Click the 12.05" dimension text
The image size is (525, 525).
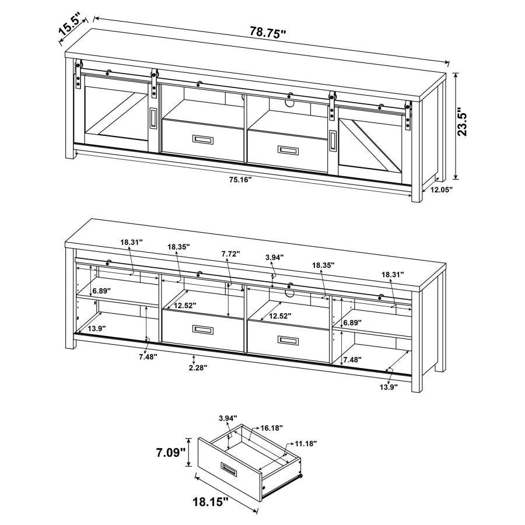pyautogui.click(x=442, y=190)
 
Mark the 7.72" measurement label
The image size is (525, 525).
pyautogui.click(x=230, y=254)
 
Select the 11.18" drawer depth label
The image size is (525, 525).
pyautogui.click(x=305, y=443)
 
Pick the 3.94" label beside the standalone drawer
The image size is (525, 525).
pyautogui.click(x=229, y=418)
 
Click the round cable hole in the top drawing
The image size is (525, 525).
pyautogui.click(x=290, y=104)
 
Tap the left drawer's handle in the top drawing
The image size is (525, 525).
pyautogui.click(x=203, y=139)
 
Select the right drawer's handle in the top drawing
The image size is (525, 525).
pyautogui.click(x=288, y=150)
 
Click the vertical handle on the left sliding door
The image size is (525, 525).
pyautogui.click(x=152, y=118)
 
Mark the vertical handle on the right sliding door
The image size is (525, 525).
pyautogui.click(x=332, y=141)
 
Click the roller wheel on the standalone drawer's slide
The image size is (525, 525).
pyautogui.click(x=301, y=477)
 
